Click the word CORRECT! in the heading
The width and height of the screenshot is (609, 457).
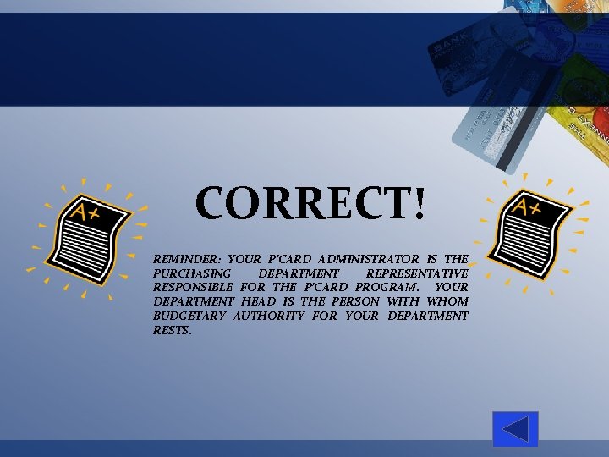point(311,204)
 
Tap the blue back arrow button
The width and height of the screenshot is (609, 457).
point(515,429)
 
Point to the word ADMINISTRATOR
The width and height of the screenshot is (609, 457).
point(368,259)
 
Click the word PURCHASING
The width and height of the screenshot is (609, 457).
point(191,273)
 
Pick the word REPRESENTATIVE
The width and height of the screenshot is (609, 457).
point(417,273)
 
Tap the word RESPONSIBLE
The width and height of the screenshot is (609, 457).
point(193,287)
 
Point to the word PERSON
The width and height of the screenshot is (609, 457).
point(355,301)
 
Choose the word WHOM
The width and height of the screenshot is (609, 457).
point(447,301)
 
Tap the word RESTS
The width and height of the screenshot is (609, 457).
point(173,330)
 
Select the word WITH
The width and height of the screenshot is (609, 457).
point(403,301)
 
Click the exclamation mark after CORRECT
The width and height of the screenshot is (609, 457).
point(420,204)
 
